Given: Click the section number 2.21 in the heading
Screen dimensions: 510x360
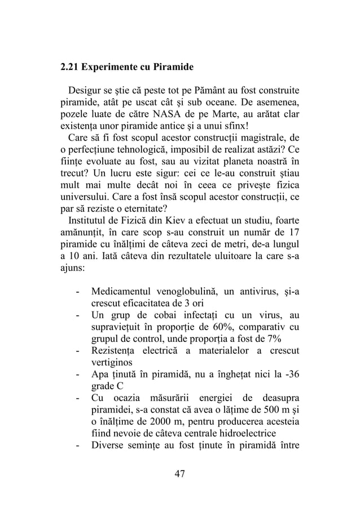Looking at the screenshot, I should (70, 67).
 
